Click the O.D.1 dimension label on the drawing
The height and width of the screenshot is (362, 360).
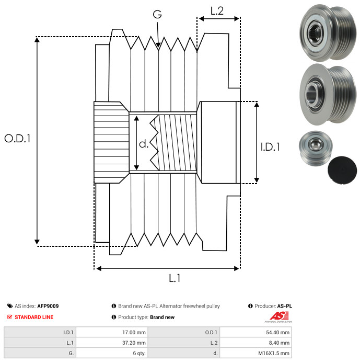click(17, 139)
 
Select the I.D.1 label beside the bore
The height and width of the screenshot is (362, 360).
click(270, 147)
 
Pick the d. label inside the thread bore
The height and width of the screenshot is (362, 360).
click(144, 143)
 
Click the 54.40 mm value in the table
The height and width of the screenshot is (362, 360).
click(277, 332)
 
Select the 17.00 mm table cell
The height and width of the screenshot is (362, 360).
click(133, 332)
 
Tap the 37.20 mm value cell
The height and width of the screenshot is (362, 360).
click(133, 342)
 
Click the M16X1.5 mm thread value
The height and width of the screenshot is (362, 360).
click(273, 353)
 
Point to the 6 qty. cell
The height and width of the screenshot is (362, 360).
click(138, 353)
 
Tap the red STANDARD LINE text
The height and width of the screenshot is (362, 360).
click(33, 317)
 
